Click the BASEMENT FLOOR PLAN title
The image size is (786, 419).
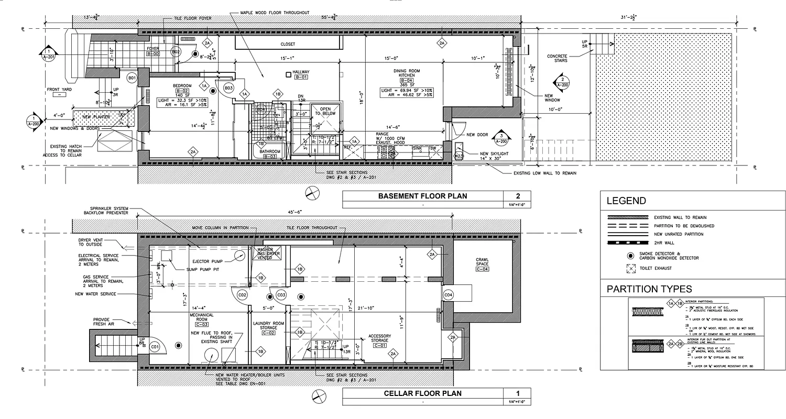click(422, 196)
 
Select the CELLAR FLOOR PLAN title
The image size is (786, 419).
click(422, 393)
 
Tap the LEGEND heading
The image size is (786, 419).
click(626, 201)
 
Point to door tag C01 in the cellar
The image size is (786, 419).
click(155, 346)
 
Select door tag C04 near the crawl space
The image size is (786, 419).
click(448, 295)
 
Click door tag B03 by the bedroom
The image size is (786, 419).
click(228, 87)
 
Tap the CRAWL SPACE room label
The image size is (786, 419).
click(482, 263)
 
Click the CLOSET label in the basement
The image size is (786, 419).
click(288, 45)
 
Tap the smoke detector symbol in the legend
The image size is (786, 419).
click(629, 256)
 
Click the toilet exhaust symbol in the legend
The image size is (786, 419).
click(629, 268)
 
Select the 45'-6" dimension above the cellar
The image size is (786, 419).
click(295, 212)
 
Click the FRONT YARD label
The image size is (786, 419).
click(59, 90)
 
